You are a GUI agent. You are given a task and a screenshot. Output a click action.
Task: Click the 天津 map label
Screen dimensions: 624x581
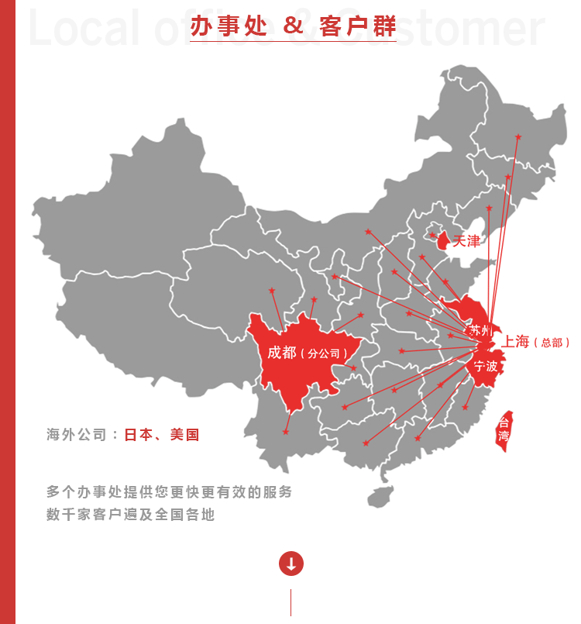(x=466, y=241)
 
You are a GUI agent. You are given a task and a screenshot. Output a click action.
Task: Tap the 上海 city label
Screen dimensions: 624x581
(x=515, y=341)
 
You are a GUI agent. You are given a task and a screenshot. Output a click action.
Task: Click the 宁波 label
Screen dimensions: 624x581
(x=486, y=366)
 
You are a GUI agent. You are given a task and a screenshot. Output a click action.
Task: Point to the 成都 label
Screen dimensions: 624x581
(x=282, y=353)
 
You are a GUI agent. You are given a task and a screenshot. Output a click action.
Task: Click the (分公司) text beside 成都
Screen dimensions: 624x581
(x=324, y=354)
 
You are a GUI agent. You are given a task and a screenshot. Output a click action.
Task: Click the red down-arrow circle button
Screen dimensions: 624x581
(x=290, y=564)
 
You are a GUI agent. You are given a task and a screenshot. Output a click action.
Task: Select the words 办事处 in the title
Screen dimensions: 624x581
(x=229, y=26)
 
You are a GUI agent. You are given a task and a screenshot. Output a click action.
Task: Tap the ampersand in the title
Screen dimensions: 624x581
(x=293, y=26)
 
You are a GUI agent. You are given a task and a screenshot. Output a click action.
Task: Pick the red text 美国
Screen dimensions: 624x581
(x=184, y=435)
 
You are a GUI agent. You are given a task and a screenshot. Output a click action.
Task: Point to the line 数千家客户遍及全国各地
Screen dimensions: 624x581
(x=130, y=514)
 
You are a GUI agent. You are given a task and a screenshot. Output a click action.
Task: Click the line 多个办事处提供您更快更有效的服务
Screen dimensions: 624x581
(x=169, y=491)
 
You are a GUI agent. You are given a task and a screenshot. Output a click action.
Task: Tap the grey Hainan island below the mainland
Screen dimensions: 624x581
(x=379, y=495)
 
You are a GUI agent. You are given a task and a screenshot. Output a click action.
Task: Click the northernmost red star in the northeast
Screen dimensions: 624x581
(x=518, y=137)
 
